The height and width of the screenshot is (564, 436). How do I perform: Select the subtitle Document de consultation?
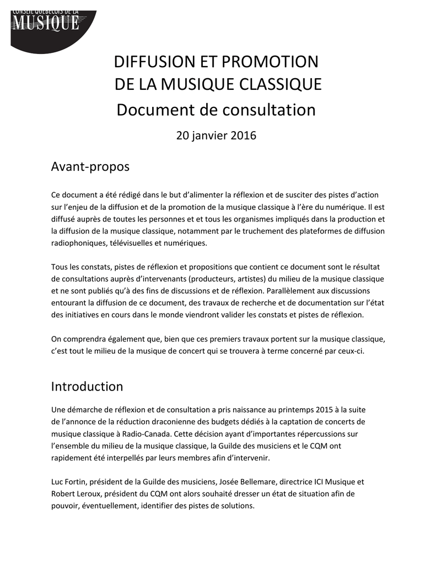(216, 110)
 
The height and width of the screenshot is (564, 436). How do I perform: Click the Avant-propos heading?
(90, 166)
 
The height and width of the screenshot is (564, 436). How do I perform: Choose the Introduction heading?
(87, 386)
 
